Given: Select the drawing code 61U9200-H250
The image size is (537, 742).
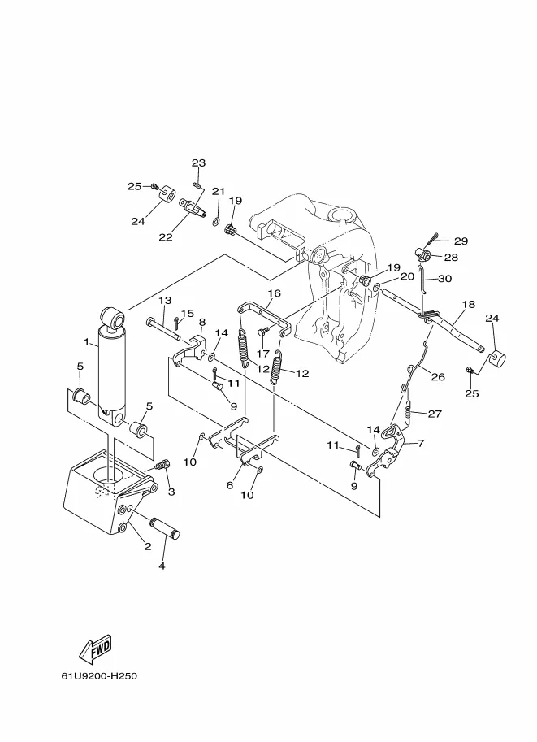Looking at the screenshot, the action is point(99,675).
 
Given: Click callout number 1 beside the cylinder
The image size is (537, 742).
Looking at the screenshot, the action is point(87,341).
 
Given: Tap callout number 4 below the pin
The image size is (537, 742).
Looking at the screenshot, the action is point(162,566).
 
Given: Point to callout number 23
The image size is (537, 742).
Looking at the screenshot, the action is point(199,163).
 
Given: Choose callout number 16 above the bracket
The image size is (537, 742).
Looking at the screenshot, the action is point(275,293).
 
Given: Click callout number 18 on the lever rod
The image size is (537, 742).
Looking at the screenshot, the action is point(469,304).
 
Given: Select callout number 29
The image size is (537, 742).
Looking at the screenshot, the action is point(461,241).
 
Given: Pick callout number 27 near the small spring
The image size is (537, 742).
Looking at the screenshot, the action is point(435,414).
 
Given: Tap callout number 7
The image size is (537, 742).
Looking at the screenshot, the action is point(421,444).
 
